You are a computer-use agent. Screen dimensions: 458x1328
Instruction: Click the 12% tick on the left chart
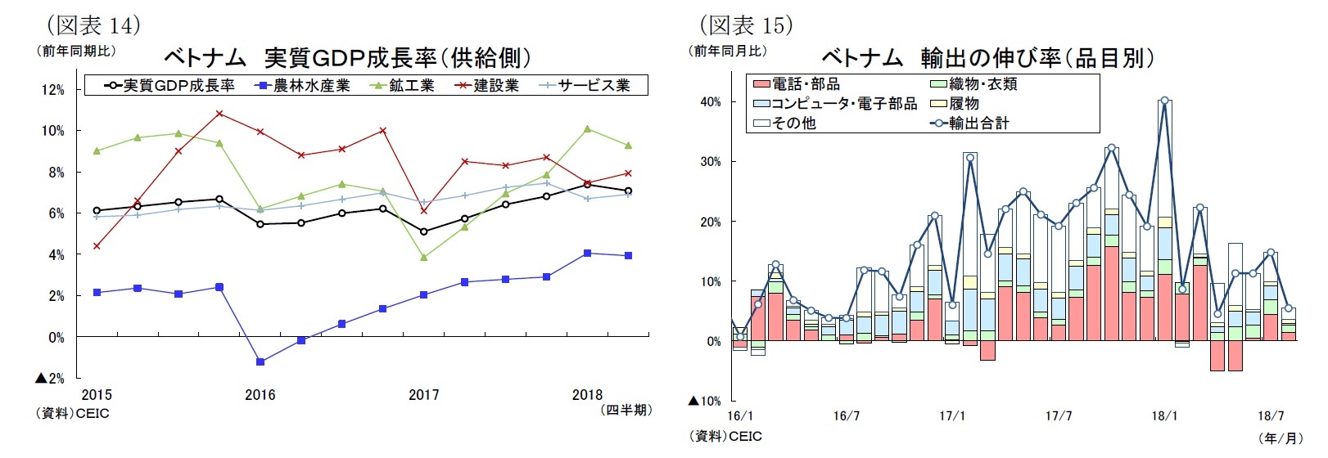coord(53,90)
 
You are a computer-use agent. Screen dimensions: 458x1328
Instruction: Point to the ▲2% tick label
coord(49,379)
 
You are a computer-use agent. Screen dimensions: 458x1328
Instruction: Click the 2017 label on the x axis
coord(423,395)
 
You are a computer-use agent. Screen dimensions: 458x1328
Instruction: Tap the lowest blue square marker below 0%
coord(260,361)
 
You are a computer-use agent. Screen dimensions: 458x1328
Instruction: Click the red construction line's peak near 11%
coord(219,113)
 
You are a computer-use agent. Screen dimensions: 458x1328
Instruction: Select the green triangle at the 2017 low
coord(423,258)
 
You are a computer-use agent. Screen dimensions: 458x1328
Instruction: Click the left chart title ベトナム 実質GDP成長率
coord(347,58)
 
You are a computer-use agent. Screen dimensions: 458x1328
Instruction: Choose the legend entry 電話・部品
coord(806,84)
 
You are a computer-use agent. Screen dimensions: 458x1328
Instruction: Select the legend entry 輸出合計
coord(978,123)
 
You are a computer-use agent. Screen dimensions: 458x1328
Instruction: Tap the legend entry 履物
coord(964,104)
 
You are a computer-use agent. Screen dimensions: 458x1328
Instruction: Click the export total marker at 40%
coord(1164,101)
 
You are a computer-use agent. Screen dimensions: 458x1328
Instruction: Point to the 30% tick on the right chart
coord(709,162)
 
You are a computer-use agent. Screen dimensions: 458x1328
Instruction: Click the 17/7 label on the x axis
coord(1059,416)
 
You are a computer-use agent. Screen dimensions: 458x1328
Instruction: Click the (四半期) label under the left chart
coord(626,410)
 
